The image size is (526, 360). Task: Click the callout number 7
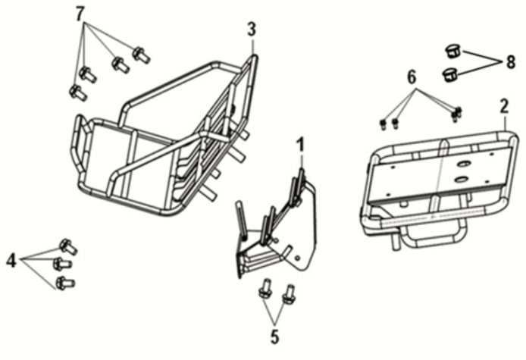coord(79,14)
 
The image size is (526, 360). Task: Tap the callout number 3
coord(252,30)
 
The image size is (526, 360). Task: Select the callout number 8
coord(510,62)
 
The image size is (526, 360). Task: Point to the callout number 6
coord(412,77)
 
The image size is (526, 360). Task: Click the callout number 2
coord(504,106)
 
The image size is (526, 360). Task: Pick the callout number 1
coord(301,145)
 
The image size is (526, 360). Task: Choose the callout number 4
coord(11,261)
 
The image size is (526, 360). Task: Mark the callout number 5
coord(274,337)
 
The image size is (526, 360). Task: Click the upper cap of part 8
coord(453,52)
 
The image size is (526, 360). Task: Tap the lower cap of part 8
coord(450,74)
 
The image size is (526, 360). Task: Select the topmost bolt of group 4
coord(68,246)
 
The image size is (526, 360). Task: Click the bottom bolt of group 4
coord(65,283)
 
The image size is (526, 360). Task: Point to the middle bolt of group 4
coord(62,264)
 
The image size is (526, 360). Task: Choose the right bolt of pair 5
coord(289,294)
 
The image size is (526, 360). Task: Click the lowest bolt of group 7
coord(78,92)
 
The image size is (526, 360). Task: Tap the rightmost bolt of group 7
coord(141,55)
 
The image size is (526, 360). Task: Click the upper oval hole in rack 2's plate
coord(465,164)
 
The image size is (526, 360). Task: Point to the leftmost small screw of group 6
coord(384,125)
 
